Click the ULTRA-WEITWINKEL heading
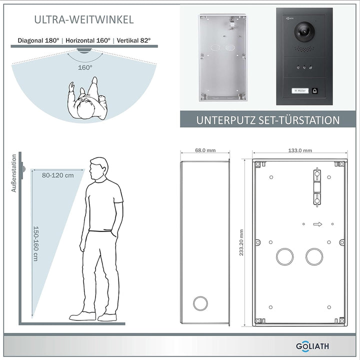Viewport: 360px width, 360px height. pos(84,19)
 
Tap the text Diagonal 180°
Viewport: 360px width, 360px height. pos(38,40)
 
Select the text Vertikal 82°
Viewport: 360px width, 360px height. pos(133,40)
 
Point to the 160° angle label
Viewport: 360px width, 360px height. pos(85,67)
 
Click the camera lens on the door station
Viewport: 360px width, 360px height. pos(304,31)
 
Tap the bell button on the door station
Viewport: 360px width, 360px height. pos(315,91)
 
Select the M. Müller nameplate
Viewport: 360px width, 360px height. pos(300,91)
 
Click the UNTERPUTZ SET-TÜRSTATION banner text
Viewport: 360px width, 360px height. pos(267,120)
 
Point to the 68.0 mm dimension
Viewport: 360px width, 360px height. pos(205,150)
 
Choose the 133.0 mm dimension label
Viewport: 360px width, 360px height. pos(300,150)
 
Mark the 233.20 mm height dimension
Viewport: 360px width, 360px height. pos(241,242)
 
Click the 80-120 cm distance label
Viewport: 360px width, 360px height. pos(58,175)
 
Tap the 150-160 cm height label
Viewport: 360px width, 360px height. pos(36,243)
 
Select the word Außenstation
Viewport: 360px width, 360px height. pos(14,173)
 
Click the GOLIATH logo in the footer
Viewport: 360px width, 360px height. pos(312,346)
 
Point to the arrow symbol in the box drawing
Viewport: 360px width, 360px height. pos(317,224)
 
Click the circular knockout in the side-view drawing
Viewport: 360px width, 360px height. pos(200,304)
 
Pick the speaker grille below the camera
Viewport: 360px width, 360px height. pos(304,49)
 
